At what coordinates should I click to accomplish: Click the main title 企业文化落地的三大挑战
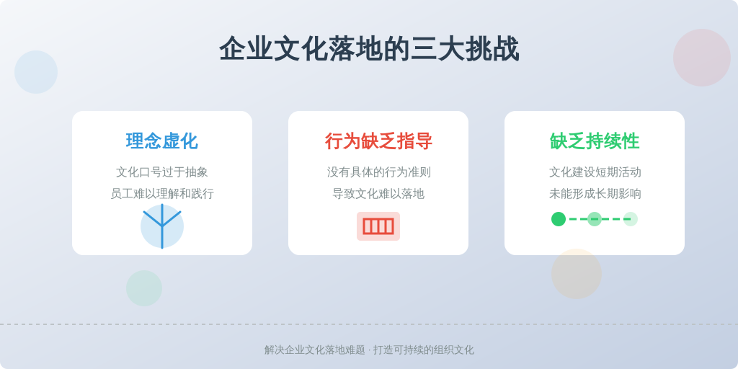click(x=369, y=49)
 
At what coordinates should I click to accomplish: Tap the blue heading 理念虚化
click(x=162, y=141)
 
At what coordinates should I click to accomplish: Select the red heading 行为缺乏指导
click(x=378, y=141)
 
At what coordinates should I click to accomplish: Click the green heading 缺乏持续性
click(x=595, y=141)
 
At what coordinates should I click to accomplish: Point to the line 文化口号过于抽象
click(x=162, y=172)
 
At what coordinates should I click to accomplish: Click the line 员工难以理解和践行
click(x=162, y=193)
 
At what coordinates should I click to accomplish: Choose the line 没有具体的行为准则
click(x=378, y=172)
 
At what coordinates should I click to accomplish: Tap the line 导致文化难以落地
click(x=378, y=193)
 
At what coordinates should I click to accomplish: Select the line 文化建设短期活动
click(x=595, y=172)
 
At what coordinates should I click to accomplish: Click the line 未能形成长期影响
click(x=595, y=193)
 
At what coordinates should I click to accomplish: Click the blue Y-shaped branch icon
click(x=162, y=226)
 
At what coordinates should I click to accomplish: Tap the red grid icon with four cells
click(x=378, y=226)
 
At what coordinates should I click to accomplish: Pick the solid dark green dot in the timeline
click(x=559, y=219)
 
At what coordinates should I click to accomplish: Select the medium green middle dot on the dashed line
click(x=595, y=219)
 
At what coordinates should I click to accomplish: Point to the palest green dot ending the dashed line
click(x=630, y=219)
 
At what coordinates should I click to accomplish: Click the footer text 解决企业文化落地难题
click(x=315, y=350)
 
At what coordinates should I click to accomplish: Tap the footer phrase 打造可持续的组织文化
click(x=424, y=350)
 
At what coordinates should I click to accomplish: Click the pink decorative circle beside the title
click(x=702, y=58)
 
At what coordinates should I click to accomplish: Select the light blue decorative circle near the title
click(x=36, y=72)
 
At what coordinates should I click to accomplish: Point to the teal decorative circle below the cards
click(x=144, y=288)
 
